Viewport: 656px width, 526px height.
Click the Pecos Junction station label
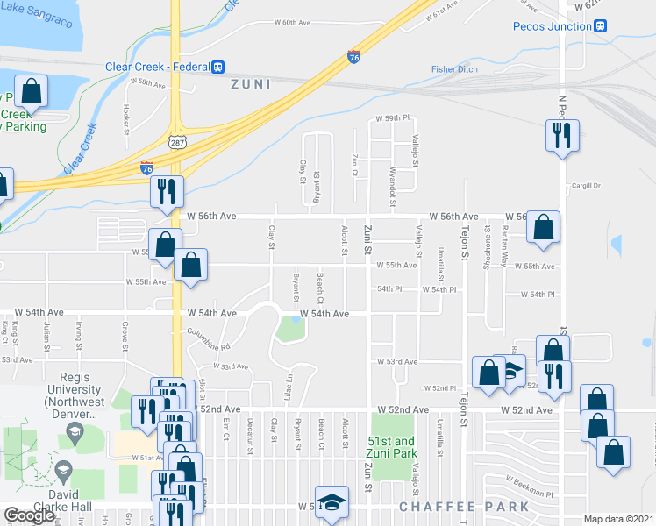[554, 26]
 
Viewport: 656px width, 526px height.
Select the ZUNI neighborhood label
[249, 84]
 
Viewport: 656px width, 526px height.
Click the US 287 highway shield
[176, 140]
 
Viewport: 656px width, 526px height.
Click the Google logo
[28, 515]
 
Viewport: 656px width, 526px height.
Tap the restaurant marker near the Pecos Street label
[561, 136]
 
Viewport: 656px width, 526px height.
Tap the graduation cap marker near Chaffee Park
[332, 503]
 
